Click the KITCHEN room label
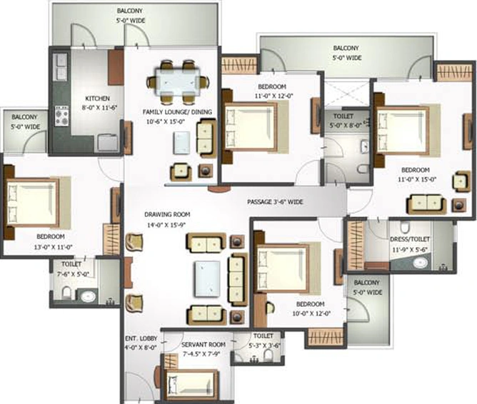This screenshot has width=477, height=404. click(97, 99)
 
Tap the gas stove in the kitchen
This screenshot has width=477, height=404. click(61, 116)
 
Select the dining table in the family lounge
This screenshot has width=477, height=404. click(178, 82)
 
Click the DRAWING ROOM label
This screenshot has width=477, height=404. click(167, 214)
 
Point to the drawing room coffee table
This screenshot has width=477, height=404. click(208, 279)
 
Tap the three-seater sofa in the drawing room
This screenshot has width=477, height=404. click(238, 279)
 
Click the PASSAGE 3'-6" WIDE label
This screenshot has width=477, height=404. click(275, 202)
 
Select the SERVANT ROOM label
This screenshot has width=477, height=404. click(204, 345)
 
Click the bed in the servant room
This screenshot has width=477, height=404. click(191, 385)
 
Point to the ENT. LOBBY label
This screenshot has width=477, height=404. click(141, 338)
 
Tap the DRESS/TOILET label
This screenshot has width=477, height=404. click(410, 240)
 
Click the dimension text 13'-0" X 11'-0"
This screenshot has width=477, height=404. click(54, 247)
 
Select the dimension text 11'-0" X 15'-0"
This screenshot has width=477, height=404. click(417, 179)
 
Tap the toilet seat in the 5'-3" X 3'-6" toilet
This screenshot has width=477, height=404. click(268, 355)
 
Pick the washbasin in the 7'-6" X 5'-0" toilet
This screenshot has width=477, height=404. click(88, 296)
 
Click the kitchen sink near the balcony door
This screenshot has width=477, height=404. click(60, 66)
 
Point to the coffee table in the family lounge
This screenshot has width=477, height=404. click(181, 143)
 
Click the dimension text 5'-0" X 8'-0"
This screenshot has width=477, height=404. click(346, 125)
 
